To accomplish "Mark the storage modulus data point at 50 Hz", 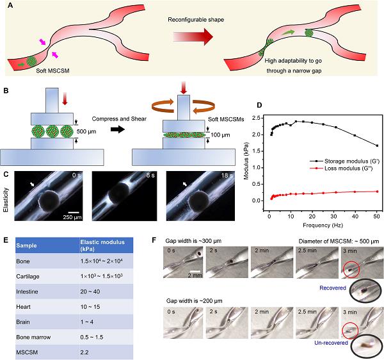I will [x=378, y=145].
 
